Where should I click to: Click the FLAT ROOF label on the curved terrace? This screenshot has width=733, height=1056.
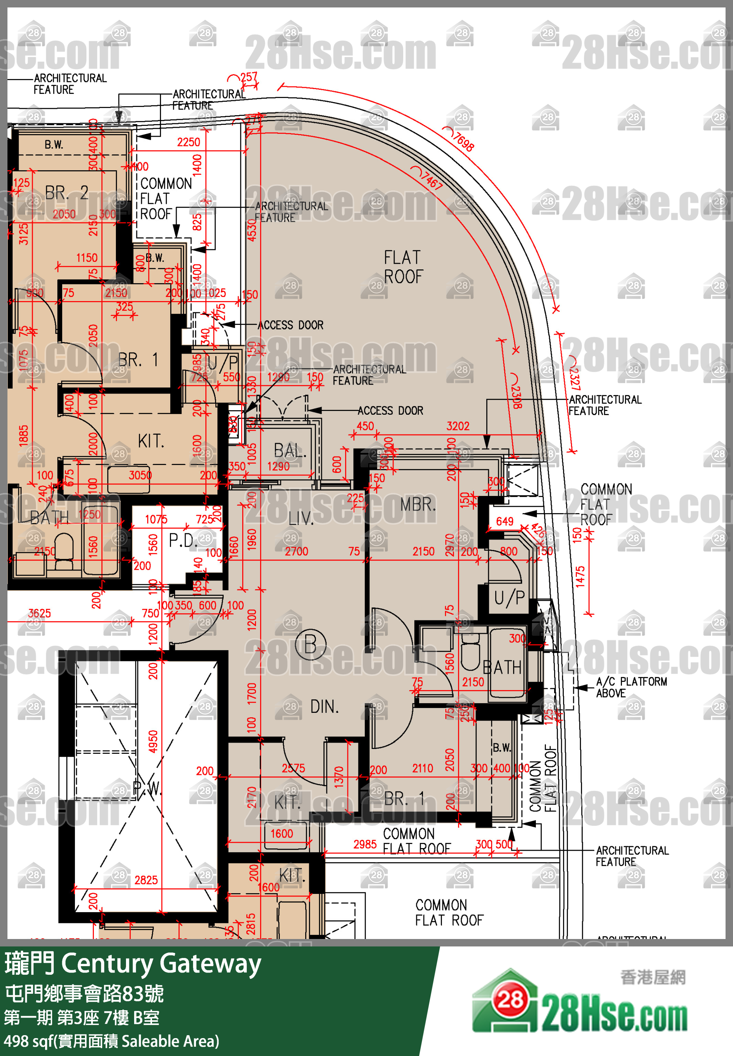(403, 267)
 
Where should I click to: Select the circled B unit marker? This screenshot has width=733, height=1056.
(310, 644)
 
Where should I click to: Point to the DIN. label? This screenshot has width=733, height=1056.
(324, 706)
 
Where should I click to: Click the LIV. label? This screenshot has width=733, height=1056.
(301, 519)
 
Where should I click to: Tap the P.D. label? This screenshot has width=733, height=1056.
(183, 540)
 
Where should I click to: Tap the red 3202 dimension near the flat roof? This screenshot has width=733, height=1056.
(458, 426)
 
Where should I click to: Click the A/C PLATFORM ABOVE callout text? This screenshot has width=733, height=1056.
(631, 687)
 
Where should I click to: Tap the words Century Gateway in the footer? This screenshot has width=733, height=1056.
(161, 963)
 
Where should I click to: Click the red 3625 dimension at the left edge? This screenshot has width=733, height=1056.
(40, 613)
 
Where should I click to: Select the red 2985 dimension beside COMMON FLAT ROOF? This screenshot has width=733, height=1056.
(365, 844)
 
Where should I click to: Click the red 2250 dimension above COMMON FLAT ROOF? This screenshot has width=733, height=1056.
(189, 142)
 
